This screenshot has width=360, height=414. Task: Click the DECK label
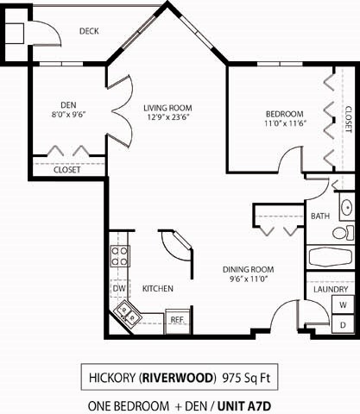coord(89,31)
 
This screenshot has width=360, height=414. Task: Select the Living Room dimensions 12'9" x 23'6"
coord(167,118)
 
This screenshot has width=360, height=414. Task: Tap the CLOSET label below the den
coord(66,170)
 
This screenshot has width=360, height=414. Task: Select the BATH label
coord(320,216)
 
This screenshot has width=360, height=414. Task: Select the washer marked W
coord(343,305)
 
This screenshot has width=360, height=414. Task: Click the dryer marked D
coord(343,324)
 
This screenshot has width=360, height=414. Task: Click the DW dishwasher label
coord(120,288)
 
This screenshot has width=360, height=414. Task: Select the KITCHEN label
coord(158,288)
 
